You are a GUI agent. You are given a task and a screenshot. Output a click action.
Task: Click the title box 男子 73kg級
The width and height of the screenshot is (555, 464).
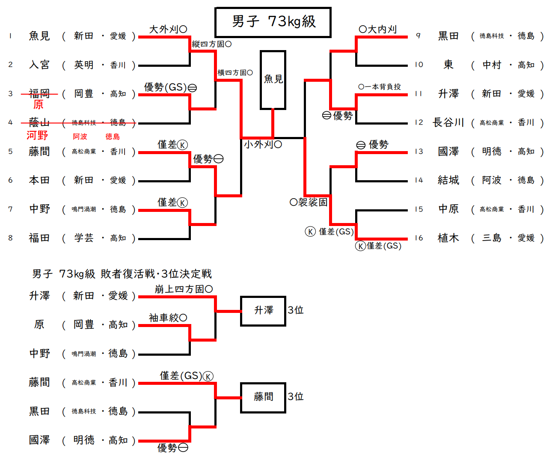click(x=273, y=22)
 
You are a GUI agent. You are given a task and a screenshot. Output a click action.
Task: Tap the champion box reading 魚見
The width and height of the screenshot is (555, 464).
click(x=273, y=80)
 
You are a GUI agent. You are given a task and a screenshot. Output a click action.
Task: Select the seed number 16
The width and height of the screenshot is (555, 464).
click(x=418, y=238)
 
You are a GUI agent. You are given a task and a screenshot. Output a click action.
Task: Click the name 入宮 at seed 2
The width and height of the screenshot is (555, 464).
click(x=39, y=65)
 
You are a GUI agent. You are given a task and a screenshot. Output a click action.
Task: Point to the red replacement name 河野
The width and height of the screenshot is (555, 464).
click(x=37, y=136)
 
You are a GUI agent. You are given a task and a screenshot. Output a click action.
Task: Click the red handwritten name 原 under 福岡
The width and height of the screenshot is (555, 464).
click(x=39, y=105)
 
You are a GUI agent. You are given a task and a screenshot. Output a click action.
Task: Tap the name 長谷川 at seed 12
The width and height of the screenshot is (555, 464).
click(x=448, y=123)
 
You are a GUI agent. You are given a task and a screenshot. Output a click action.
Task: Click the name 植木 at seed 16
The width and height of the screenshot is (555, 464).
click(x=448, y=238)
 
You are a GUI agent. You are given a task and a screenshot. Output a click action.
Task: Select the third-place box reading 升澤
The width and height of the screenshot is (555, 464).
click(x=263, y=311)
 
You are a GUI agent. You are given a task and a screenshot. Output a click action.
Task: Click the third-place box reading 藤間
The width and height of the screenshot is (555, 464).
click(x=263, y=397)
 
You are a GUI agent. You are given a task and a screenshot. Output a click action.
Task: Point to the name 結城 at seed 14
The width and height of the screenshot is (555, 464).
click(x=448, y=180)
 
